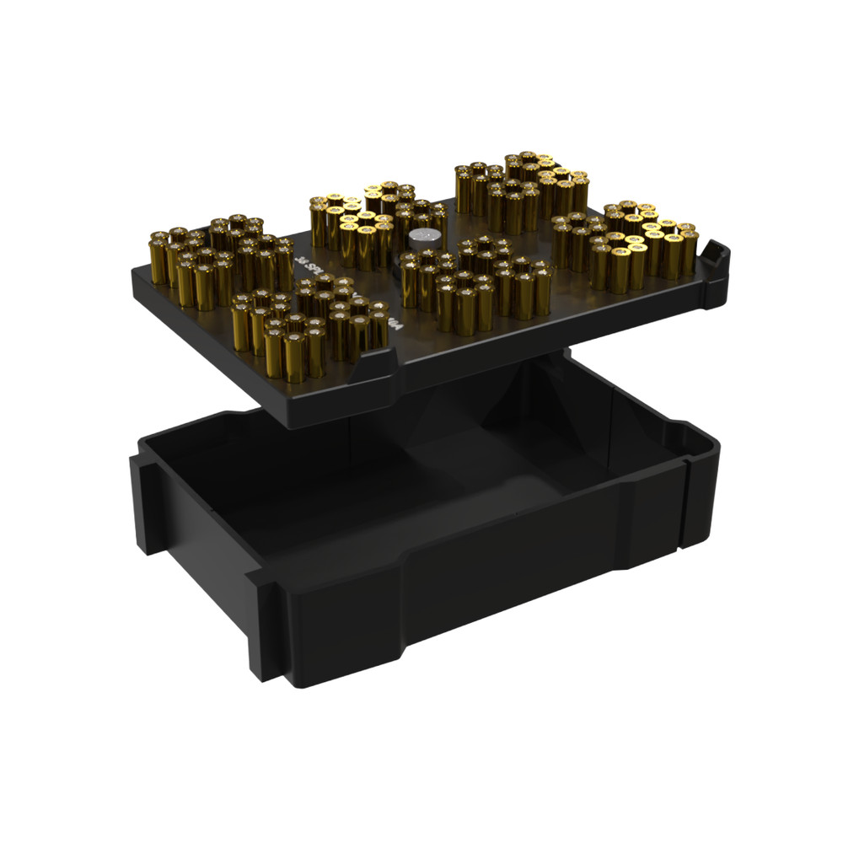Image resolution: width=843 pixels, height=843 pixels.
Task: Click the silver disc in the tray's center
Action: [x=422, y=239]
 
